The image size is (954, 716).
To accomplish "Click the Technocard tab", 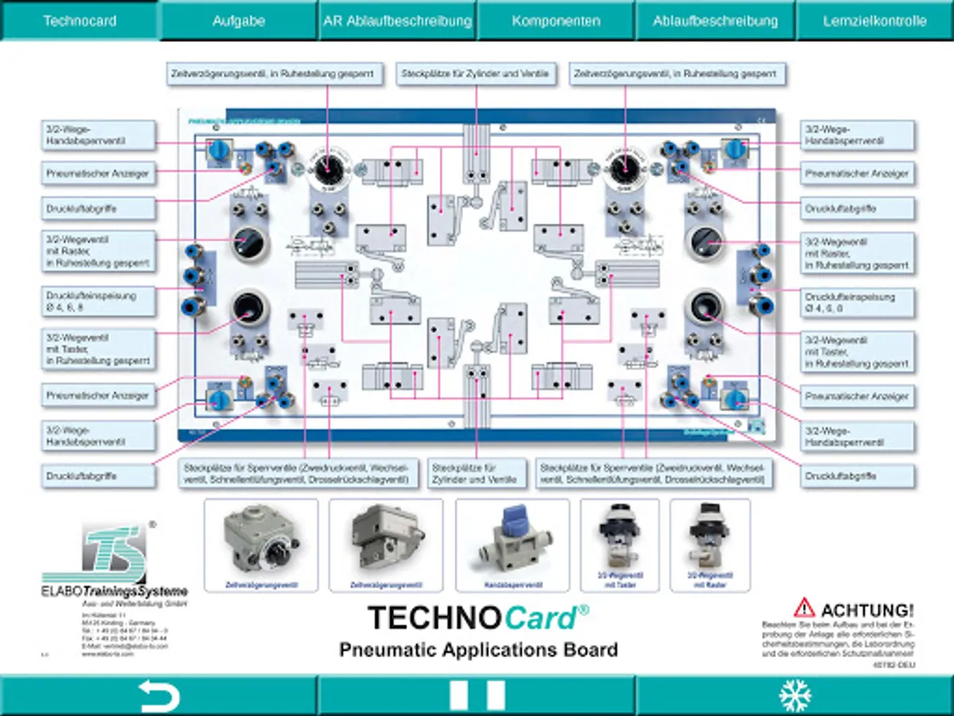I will [x=79, y=21].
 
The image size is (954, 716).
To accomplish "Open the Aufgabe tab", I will [x=238, y=21].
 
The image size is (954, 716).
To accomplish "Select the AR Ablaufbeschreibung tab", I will [x=397, y=21].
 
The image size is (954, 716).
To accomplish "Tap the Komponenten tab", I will [x=556, y=21].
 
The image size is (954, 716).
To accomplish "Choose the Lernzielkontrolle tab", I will [x=874, y=21].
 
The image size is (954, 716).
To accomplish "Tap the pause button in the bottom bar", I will [x=477, y=695].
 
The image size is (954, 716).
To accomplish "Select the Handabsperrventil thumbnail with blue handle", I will [x=512, y=545].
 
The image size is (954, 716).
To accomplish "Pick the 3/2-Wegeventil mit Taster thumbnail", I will [x=620, y=545].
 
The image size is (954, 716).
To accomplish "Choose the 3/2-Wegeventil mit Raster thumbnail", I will [x=710, y=545].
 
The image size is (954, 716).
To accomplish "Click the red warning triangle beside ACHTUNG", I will [x=805, y=609].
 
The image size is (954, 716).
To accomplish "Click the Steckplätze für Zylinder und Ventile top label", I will [x=476, y=74].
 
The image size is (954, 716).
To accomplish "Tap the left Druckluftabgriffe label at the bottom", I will [x=98, y=476].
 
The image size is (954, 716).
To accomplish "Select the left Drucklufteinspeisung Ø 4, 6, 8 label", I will [x=98, y=301].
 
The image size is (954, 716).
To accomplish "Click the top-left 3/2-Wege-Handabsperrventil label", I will [x=98, y=134].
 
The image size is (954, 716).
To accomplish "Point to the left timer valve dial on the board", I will [x=327, y=169].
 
